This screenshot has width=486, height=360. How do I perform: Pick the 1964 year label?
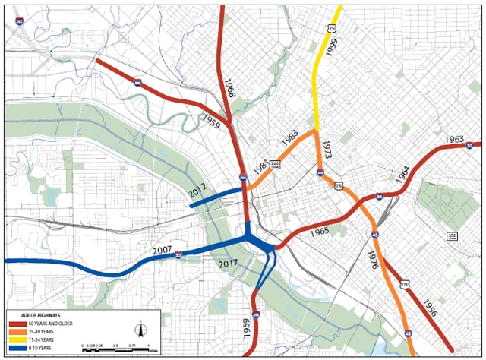[x=403, y=176]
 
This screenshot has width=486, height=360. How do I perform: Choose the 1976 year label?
[x=371, y=264]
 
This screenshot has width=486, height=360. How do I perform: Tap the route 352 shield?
[x=452, y=236]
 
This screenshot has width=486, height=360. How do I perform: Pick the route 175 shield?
[x=405, y=284]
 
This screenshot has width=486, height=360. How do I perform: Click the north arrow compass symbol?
[x=140, y=330]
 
